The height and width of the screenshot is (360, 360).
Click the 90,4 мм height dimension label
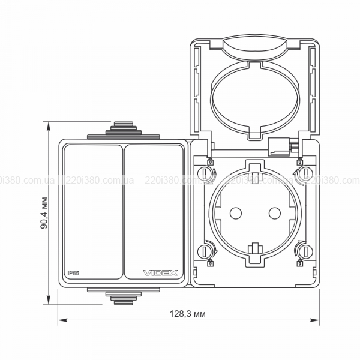coord(44,213)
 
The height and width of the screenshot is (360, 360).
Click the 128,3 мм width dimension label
coord(188,313)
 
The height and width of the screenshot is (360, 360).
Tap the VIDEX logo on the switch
coord(160,273)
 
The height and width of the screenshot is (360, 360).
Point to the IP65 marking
coord(73,273)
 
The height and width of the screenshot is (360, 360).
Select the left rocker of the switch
coord(93,212)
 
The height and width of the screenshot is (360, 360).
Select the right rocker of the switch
coord(154,212)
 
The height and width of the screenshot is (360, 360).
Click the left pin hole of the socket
coord(236,213)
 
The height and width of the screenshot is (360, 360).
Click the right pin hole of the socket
coord(275,213)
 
